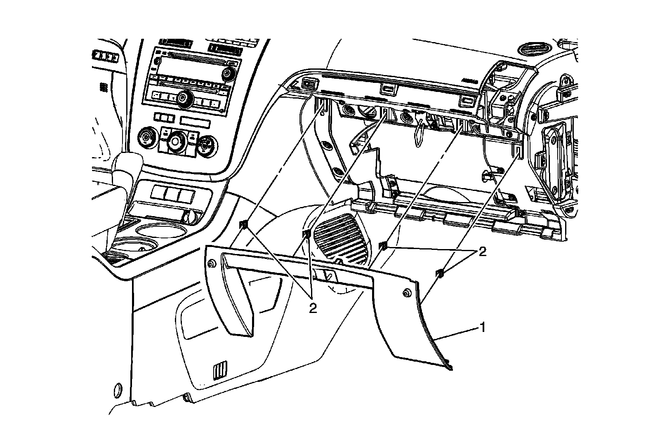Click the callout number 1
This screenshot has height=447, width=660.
tap(481, 328)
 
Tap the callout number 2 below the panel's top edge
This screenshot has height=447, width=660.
tap(313, 307)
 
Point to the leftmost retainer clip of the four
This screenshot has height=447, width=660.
tap(244, 224)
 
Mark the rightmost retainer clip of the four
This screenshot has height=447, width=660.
tap(440, 272)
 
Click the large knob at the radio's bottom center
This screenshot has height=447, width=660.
tap(182, 98)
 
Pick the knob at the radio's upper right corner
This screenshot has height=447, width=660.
tap(227, 73)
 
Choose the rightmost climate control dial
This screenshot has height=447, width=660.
tap(205, 146)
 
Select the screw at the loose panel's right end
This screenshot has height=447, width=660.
tap(406, 293)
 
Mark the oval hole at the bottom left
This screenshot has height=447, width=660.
tap(117, 389)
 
